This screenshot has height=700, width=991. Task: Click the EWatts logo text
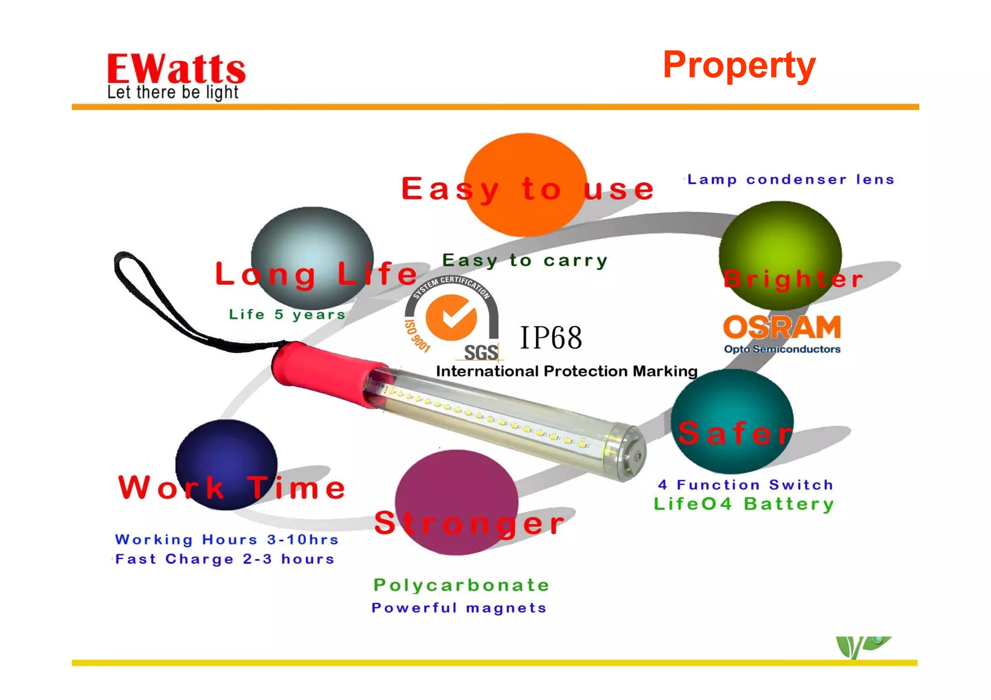coord(176,69)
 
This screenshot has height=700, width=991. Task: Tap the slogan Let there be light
coord(173,92)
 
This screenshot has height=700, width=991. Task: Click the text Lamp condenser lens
coord(791,180)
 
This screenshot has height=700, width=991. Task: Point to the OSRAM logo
coord(782,328)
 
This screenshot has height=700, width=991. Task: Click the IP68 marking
coord(551,338)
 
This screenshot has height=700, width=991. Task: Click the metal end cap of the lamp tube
coord(629,453)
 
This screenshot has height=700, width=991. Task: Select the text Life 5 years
coord(287,315)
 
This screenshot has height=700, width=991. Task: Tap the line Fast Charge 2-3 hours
coord(225,559)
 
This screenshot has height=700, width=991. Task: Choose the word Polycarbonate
coord(461,585)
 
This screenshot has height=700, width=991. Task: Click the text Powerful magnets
coord(459,608)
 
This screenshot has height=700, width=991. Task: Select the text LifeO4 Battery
coord(744,504)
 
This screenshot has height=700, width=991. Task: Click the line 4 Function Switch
coord(745,485)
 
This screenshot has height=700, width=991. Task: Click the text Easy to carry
coord(525,261)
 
